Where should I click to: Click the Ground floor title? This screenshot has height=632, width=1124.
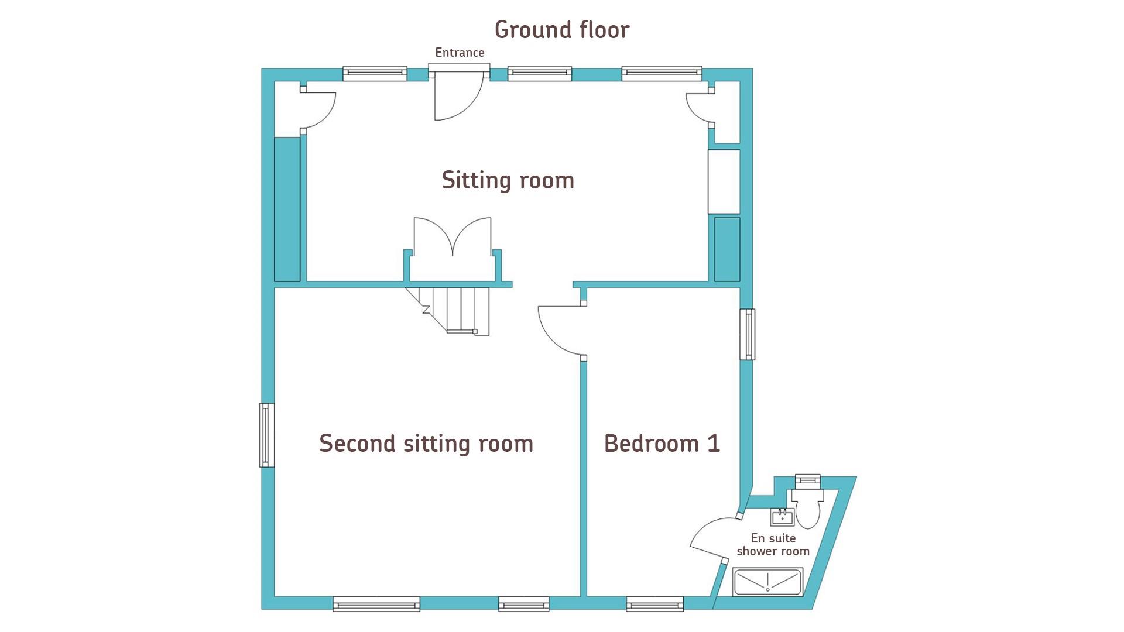pos(562,30)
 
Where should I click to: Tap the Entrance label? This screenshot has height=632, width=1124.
pos(460,53)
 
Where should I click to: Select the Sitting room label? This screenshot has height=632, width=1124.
pos(508,180)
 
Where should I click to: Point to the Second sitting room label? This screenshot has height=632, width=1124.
pos(426,444)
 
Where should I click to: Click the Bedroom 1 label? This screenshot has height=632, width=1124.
pos(662,444)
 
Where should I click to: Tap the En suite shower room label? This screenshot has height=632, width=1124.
pos(773,545)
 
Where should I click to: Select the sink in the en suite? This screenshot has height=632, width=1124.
pos(782,517)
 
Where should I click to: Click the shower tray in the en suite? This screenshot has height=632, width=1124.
pos(767,582)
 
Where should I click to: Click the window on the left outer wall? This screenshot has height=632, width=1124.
pos(267,435)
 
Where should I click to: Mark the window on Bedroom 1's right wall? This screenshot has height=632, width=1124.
pos(747,334)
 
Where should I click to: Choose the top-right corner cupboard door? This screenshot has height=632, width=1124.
pos(700,107)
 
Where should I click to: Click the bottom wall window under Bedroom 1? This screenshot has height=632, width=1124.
pos(654,603)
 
